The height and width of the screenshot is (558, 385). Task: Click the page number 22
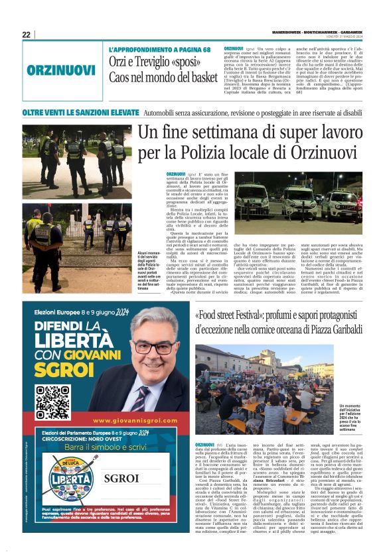click(x=26, y=34)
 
